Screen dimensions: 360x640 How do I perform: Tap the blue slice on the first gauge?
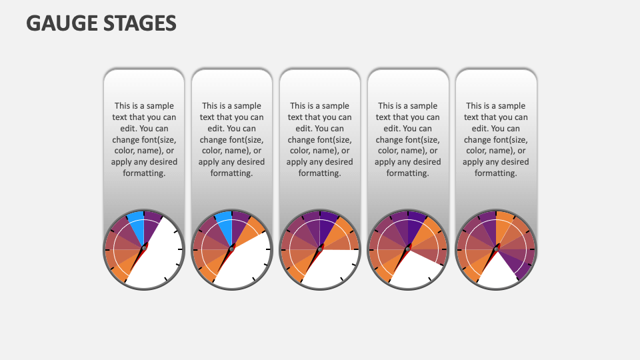(x=136, y=225)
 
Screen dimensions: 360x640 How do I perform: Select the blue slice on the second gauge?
(x=224, y=225)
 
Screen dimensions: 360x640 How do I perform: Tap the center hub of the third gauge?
(x=320, y=249)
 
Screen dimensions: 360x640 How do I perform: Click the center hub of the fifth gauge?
(x=496, y=249)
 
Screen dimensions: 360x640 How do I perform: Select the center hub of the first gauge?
(x=144, y=249)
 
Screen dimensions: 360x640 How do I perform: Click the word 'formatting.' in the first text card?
(x=144, y=173)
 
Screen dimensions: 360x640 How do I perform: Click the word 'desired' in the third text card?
(x=336, y=162)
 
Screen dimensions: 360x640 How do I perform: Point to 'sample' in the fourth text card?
(x=424, y=106)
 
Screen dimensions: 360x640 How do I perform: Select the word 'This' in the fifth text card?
(x=474, y=106)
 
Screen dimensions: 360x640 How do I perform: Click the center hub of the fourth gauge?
(x=408, y=249)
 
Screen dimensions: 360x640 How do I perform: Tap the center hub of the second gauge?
(x=232, y=249)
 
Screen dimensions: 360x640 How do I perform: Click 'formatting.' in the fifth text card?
(x=496, y=173)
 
